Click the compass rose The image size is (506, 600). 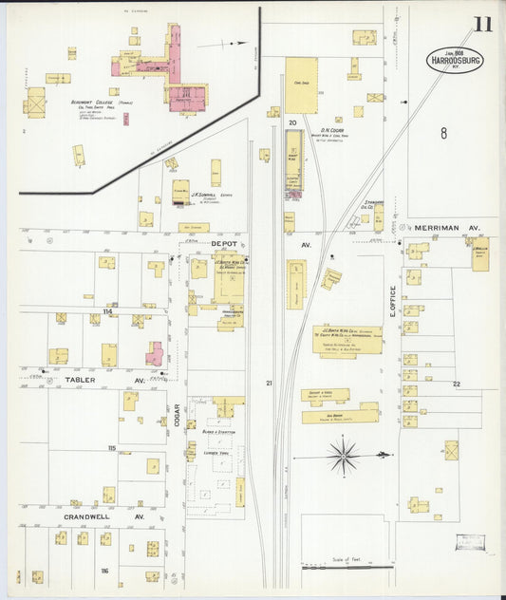pos(343,456)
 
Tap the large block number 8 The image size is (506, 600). pos(442,134)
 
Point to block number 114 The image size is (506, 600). pos(107,310)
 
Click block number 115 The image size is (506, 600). pos(111,447)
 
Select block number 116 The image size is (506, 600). pos(103,570)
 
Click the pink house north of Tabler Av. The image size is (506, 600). pos(155,354)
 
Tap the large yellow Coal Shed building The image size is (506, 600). pos(302,84)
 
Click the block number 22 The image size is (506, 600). pos(456,384)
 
